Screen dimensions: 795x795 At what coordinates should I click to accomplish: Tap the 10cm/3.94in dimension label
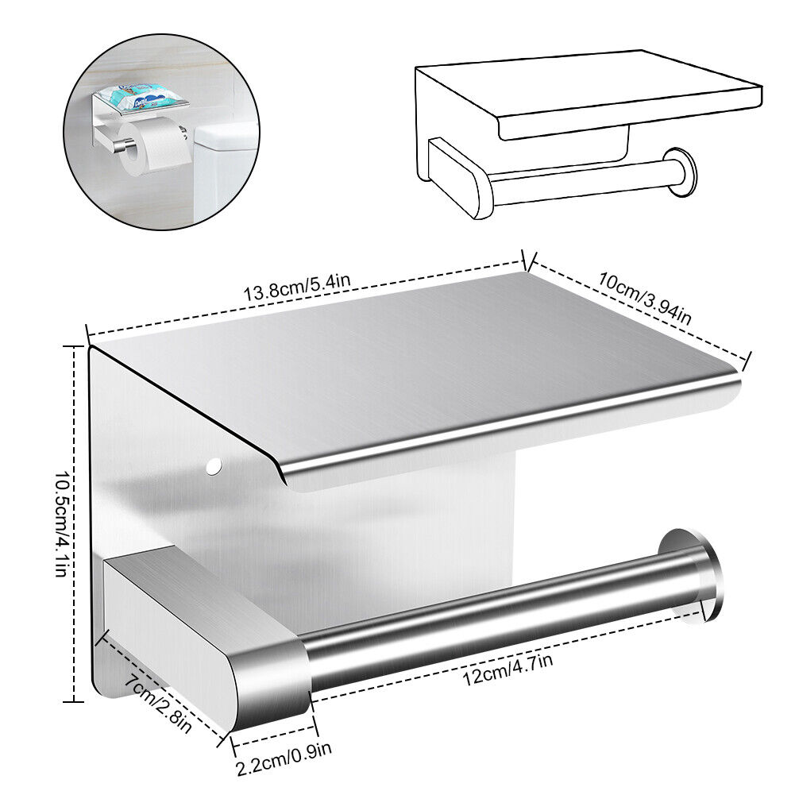click(x=645, y=298)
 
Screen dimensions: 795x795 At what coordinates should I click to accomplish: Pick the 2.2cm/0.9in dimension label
click(x=284, y=758)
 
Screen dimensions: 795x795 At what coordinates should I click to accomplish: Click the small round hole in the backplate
click(x=214, y=466)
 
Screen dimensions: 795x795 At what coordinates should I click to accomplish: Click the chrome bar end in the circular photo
click(x=121, y=145)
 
